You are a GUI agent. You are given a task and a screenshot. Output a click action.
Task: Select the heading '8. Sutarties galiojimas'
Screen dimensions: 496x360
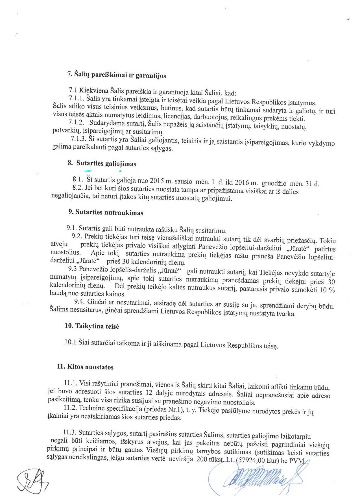pos(102,164)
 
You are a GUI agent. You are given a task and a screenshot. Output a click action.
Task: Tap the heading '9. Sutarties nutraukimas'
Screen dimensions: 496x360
pos(106,213)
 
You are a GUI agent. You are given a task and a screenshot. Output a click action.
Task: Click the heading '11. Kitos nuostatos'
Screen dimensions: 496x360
pos(85,367)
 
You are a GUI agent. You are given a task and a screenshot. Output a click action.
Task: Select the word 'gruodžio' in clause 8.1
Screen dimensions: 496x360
pos(274,183)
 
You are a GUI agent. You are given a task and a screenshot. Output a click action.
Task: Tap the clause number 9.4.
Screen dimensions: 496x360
pos(80,302)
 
